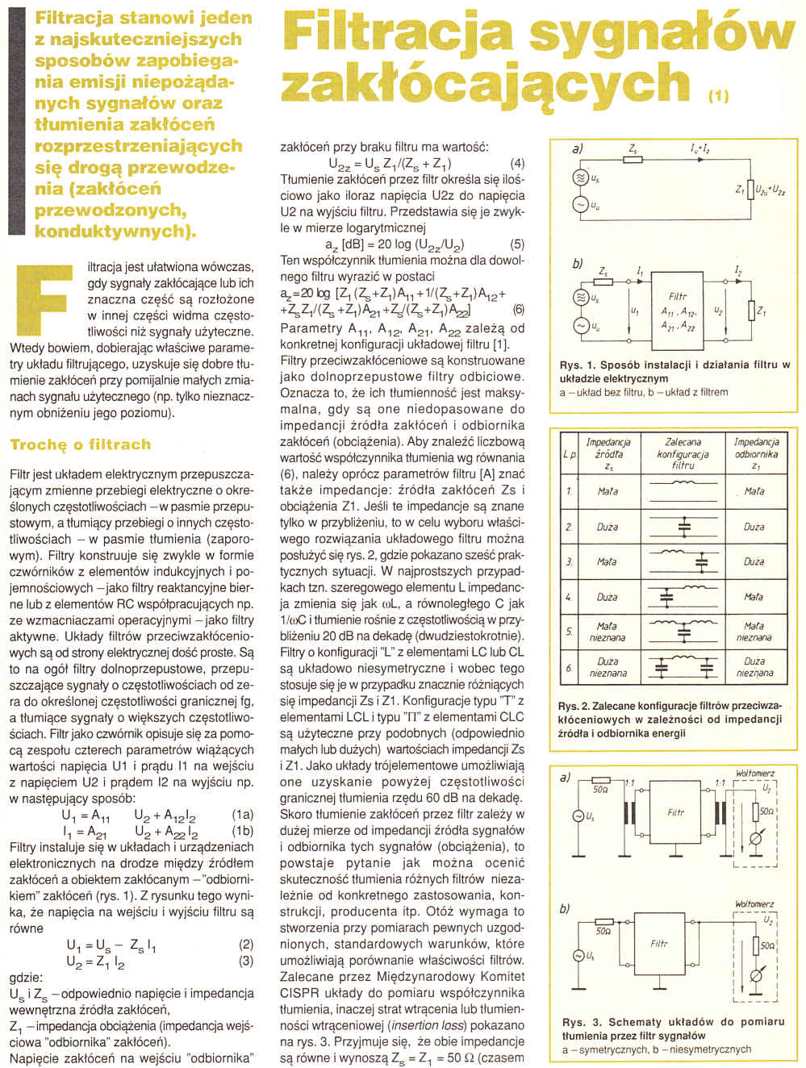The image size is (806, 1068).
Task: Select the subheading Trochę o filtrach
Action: pos(80,444)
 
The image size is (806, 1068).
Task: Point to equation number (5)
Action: pos(517,244)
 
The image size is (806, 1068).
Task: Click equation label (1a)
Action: pos(241,815)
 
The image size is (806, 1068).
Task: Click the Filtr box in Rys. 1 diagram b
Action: pos(679,311)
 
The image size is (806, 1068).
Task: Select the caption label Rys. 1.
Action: pos(576,365)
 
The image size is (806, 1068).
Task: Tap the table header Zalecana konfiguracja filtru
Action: pos(683,453)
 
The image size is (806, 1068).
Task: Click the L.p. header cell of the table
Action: pos(570,454)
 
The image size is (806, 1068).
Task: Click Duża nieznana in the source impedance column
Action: pos(608,667)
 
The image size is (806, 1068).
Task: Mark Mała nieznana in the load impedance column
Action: pos(754,631)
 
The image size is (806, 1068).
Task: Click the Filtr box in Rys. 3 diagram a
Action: pos(676,813)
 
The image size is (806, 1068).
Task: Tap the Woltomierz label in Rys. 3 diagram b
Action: pos(754,904)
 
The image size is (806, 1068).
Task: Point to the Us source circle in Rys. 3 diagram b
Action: pos(578,956)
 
